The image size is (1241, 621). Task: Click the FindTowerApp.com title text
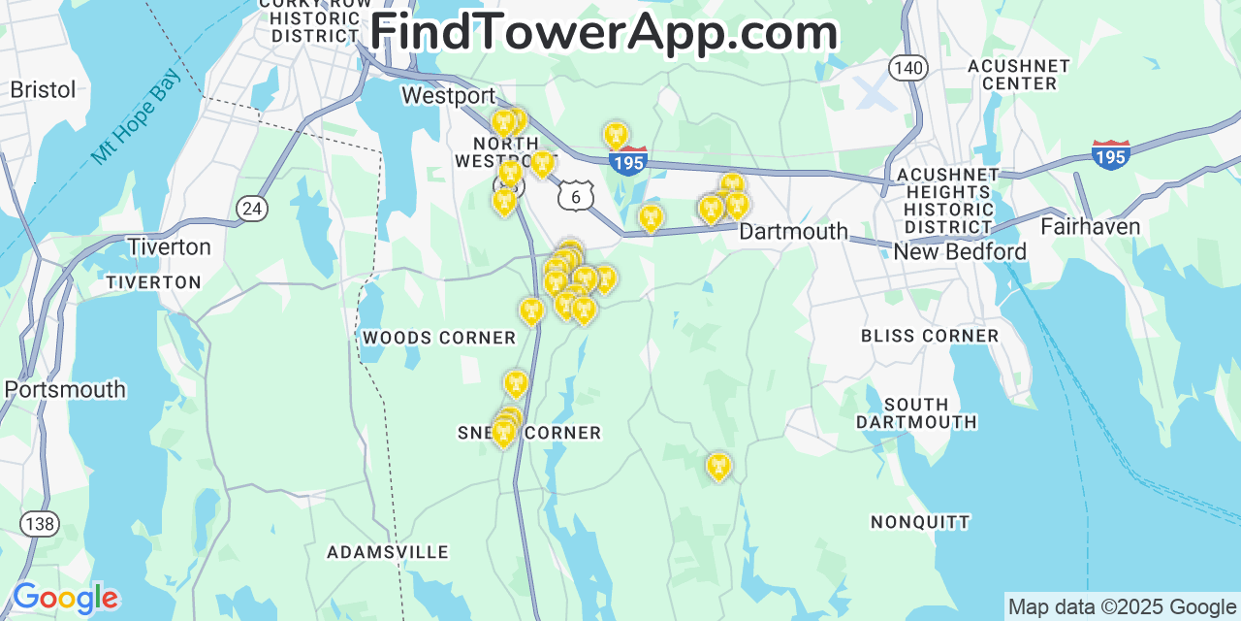[603, 32]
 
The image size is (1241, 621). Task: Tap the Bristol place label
[43, 90]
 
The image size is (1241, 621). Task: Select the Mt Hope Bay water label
[135, 121]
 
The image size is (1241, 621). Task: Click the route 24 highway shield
[251, 208]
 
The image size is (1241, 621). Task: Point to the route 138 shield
[40, 524]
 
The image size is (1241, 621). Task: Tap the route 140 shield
[907, 68]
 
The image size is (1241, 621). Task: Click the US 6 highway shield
[575, 197]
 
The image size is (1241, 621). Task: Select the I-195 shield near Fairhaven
[1110, 155]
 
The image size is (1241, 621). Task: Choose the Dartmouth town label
[793, 233]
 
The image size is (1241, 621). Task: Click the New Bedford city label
[959, 252]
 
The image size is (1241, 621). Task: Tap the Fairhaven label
[1090, 227]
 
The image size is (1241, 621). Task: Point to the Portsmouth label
[65, 390]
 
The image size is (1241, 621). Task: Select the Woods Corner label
[439, 338]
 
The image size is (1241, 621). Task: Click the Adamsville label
[388, 552]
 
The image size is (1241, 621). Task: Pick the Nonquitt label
[920, 522]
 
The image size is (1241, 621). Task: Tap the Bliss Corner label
[930, 336]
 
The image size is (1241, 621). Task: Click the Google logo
[65, 598]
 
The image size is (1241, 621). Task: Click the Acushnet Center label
[1018, 75]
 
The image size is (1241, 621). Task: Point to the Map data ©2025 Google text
[1122, 607]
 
